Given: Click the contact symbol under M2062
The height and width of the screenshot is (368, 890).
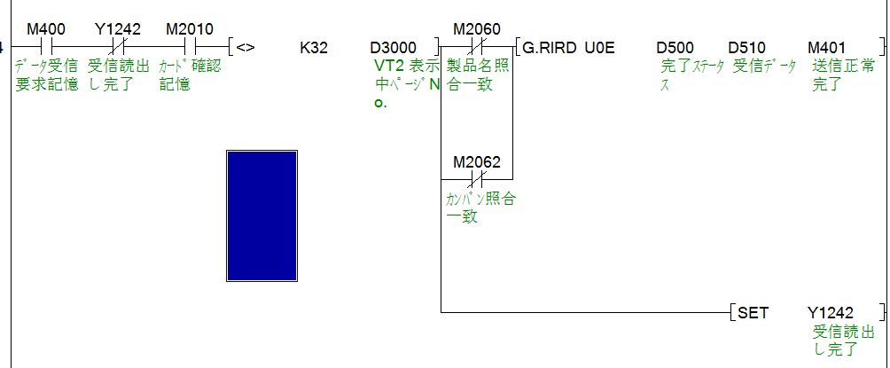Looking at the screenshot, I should click(x=476, y=179).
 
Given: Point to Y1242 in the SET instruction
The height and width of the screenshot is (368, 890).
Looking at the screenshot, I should click(x=831, y=313).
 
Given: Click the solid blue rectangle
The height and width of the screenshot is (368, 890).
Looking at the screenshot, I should click(x=262, y=215).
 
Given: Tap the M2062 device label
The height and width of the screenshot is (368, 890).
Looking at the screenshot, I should click(x=476, y=162).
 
